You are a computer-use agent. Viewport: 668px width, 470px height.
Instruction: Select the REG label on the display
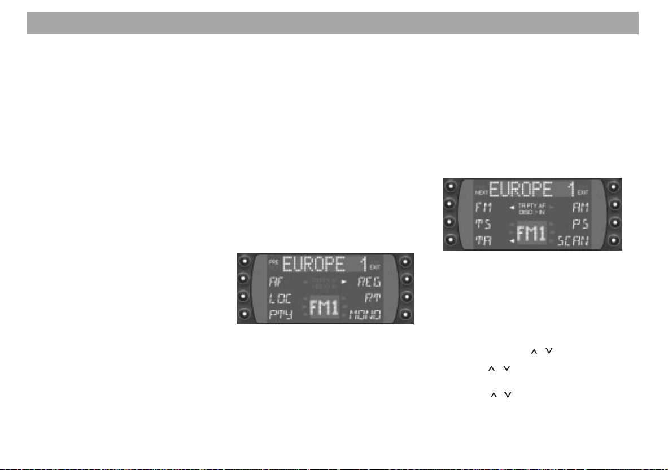tap(369, 281)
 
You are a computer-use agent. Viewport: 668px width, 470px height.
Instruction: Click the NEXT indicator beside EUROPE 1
tap(481, 192)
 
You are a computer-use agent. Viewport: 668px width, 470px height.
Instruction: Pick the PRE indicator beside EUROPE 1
tap(274, 262)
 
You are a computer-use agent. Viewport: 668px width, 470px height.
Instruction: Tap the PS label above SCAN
tap(581, 224)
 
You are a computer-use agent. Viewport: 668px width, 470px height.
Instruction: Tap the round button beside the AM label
tap(614, 204)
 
